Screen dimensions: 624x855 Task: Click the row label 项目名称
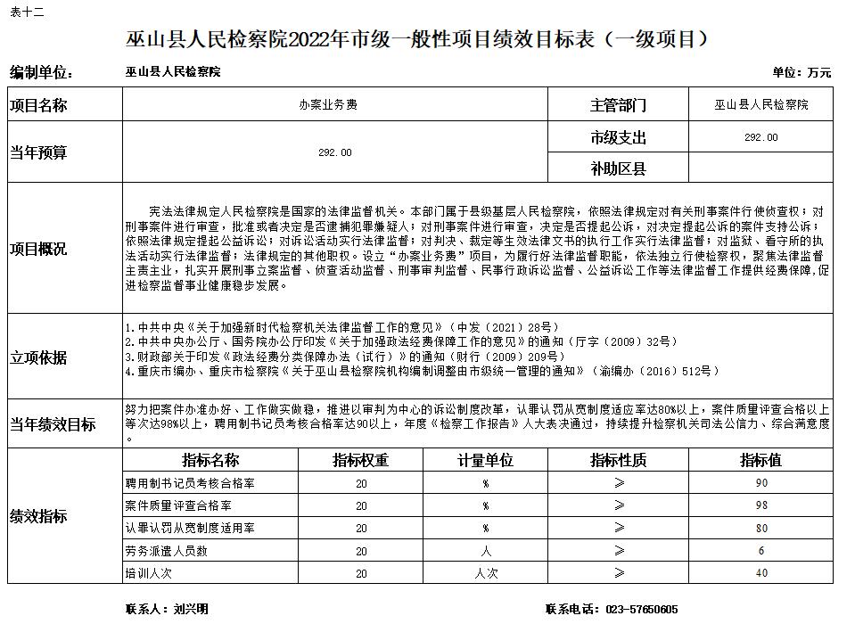[38, 105]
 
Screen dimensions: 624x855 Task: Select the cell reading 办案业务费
[334, 105]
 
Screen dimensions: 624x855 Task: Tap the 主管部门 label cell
[618, 105]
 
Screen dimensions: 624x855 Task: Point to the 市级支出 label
[618, 138]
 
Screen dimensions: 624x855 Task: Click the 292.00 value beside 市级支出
[760, 138]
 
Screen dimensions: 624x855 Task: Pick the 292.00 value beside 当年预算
[334, 152]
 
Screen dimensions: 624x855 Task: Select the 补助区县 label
[618, 168]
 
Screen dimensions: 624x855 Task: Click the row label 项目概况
[38, 249]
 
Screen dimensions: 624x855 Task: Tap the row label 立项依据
[38, 357]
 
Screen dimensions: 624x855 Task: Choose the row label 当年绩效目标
[53, 424]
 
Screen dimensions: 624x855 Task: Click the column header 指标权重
[360, 461]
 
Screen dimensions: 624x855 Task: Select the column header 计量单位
[486, 461]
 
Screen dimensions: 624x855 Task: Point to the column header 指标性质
[618, 461]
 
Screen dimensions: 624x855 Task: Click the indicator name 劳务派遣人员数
[167, 551]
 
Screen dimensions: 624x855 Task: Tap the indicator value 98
[760, 505]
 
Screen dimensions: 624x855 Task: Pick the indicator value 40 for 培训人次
[760, 573]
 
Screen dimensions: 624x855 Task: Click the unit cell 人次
[486, 573]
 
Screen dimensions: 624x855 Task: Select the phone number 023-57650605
[641, 610]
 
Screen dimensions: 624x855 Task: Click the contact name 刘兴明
[191, 610]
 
